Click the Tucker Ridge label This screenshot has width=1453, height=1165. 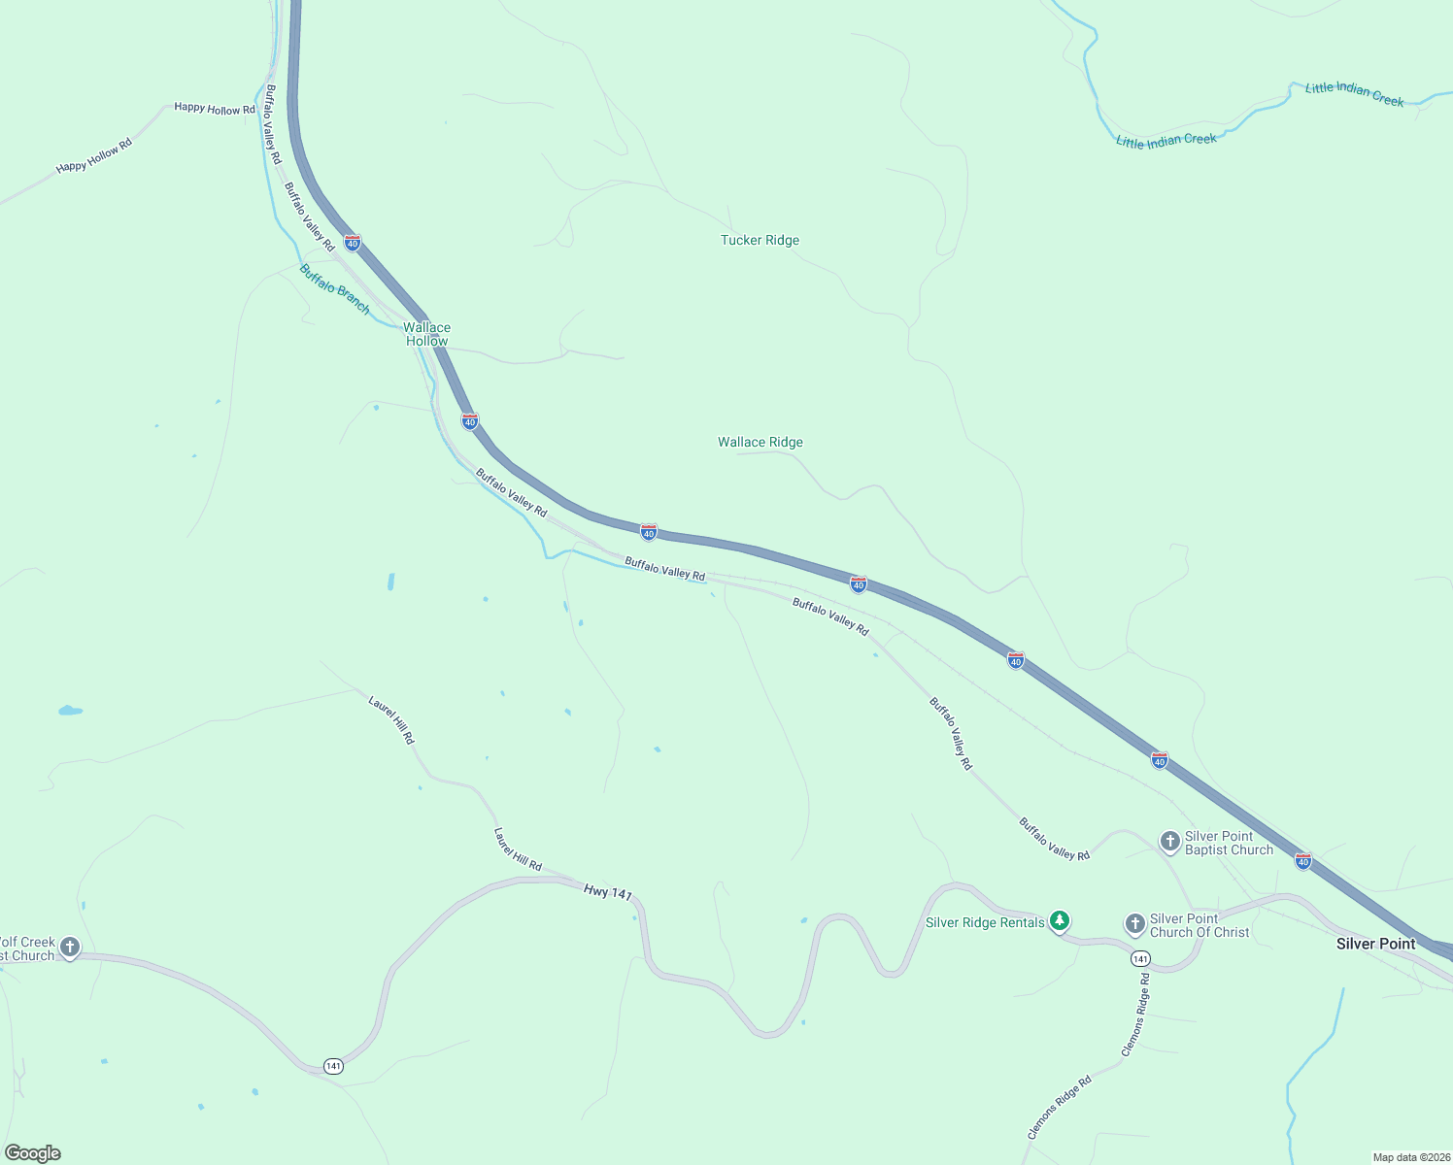tap(760, 240)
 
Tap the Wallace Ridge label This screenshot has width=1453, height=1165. tap(760, 442)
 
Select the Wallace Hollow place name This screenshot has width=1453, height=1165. tap(426, 334)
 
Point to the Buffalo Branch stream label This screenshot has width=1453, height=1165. tap(334, 288)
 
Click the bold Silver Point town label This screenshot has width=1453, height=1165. tap(1375, 944)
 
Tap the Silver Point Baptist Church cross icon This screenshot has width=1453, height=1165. tap(1170, 841)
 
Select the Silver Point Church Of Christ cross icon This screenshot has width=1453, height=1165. tap(1135, 923)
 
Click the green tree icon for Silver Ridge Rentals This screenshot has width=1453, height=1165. tap(1060, 919)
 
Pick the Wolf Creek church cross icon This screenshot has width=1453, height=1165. tap(69, 946)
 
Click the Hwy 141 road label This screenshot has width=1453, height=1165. tap(608, 891)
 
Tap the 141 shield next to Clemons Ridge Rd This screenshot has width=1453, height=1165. tap(1140, 959)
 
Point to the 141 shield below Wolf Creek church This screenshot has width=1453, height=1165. tap(333, 1066)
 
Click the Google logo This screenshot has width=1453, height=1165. tap(33, 1153)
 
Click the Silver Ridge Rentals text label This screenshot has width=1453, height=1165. tap(985, 922)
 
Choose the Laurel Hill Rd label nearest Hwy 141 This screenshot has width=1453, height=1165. tap(517, 849)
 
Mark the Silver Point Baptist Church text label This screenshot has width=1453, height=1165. tap(1229, 843)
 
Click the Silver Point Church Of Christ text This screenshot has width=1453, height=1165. tap(1200, 925)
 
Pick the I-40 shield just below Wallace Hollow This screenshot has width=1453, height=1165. tap(470, 421)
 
